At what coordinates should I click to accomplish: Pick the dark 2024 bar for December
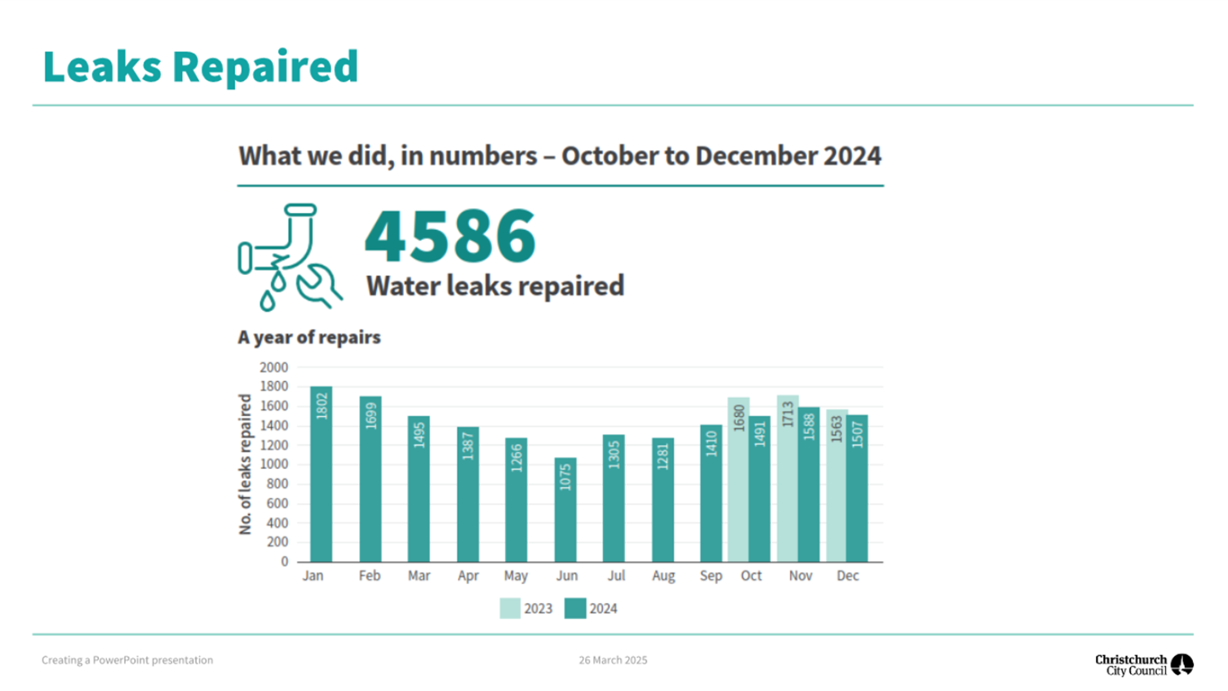coord(857,489)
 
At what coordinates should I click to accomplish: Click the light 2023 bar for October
coord(738,481)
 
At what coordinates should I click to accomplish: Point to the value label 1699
coord(370,415)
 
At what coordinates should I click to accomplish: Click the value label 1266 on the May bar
coord(516,457)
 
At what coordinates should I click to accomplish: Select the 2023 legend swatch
coord(510,609)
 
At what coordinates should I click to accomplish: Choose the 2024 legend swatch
coord(575,609)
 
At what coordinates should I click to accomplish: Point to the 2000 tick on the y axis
coord(274,368)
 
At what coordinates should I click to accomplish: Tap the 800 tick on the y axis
coord(277,484)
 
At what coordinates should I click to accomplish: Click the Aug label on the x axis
coord(663,576)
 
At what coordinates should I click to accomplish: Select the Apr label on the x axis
coord(468,576)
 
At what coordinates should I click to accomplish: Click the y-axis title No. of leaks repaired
coord(246,464)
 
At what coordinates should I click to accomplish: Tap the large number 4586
coord(450,236)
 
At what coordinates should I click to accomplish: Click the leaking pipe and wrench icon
coord(289,257)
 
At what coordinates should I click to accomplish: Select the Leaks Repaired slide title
coord(201,67)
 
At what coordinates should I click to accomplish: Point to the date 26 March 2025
coord(613,660)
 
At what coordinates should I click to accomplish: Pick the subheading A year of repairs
coord(309,338)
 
